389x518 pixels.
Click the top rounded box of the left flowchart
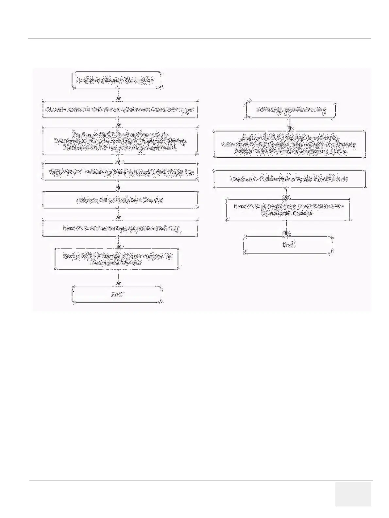pos(117,80)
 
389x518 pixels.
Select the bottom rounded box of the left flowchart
pos(117,295)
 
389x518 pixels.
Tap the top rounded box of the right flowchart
pos(291,111)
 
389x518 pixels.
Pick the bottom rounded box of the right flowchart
pos(288,245)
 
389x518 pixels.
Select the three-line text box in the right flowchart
pos(289,144)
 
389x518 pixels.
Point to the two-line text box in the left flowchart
pos(117,259)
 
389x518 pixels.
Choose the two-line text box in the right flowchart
pos(288,209)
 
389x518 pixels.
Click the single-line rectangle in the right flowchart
pos(289,179)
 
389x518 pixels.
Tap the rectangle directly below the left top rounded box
pos(120,109)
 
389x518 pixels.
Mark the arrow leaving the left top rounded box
pos(119,94)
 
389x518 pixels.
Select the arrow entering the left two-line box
pos(119,243)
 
